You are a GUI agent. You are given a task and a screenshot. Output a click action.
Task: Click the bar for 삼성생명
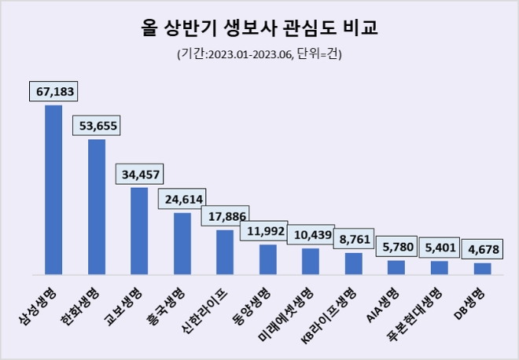[53, 189]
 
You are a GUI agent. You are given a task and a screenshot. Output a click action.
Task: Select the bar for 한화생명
[97, 206]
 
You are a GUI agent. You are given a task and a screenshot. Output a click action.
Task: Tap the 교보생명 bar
[139, 230]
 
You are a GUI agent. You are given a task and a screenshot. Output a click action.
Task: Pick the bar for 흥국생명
[182, 243]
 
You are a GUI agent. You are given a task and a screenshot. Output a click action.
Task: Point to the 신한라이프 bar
[225, 252]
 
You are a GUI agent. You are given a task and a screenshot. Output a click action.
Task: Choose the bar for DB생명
[482, 268]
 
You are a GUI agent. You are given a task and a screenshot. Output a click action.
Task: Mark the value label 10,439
[312, 236]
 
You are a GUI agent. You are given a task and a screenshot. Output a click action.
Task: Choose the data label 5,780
[398, 248]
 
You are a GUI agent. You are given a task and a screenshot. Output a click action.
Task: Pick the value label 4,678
[483, 250]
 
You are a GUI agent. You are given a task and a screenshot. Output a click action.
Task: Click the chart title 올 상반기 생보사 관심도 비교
[259, 29]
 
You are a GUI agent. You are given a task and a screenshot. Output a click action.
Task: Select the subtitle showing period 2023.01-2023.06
[259, 54]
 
